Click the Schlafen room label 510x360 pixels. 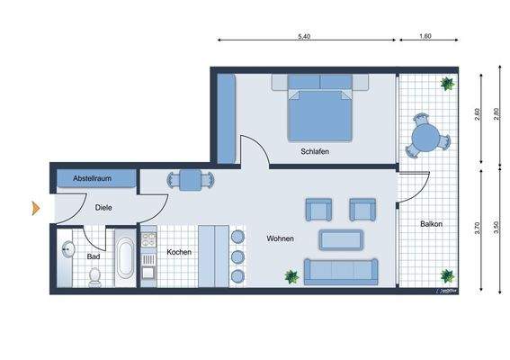click(314, 152)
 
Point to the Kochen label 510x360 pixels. click(179, 253)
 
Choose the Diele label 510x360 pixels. click(104, 207)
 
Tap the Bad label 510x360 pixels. click(94, 256)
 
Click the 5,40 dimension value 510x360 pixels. click(304, 36)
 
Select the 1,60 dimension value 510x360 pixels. click(425, 36)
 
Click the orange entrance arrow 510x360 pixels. click(36, 209)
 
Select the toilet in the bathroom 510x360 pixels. click(94, 275)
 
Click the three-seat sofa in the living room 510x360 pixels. click(341, 269)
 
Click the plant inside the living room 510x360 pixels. click(291, 276)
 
